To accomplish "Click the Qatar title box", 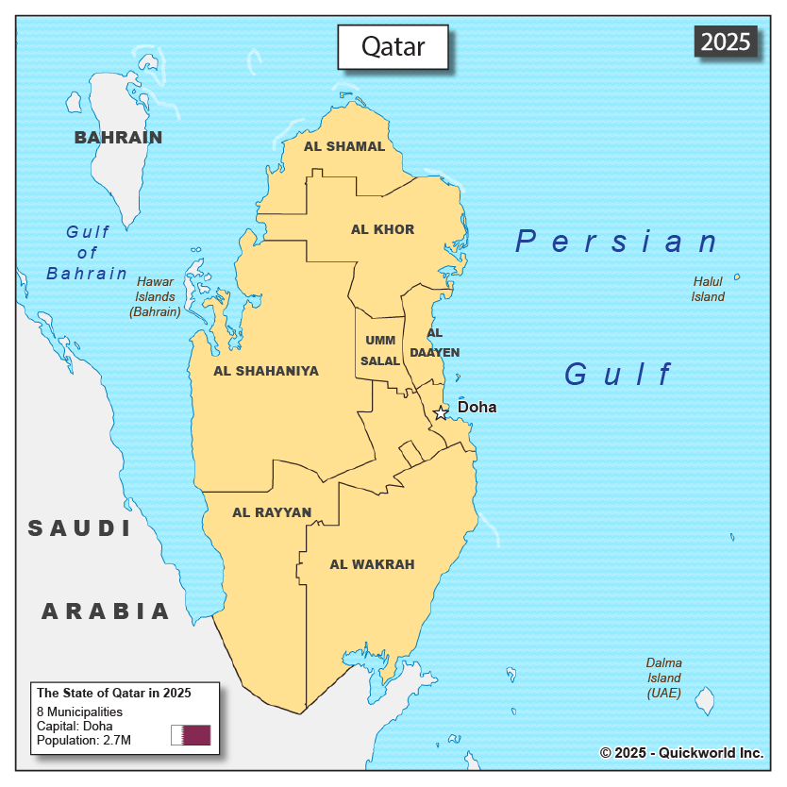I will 393,47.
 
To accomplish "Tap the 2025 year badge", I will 726,42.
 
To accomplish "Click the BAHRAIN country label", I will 119,138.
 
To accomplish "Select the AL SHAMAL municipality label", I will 344,146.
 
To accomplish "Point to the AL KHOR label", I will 382,229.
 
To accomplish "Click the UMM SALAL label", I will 380,350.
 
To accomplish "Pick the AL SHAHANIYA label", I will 266,371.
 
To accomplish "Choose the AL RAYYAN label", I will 272,512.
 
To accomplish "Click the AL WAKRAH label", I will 372,564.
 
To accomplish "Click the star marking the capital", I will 441,412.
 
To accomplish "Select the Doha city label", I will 477,408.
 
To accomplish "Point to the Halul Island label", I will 708,289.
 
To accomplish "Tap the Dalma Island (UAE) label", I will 664,678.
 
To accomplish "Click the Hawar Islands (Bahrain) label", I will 155,296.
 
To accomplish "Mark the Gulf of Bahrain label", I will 87,252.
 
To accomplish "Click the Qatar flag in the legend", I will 191,735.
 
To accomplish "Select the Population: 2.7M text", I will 84,740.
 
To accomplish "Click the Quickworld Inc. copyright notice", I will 680,752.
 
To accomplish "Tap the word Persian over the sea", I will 618,242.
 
